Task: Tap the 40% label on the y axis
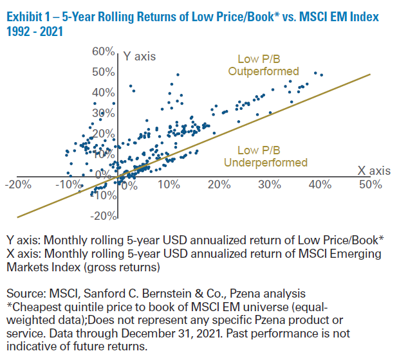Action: coord(103,92)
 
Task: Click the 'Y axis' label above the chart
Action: coord(140,57)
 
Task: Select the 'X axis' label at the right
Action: coord(374,170)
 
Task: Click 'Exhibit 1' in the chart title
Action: coord(31,17)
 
